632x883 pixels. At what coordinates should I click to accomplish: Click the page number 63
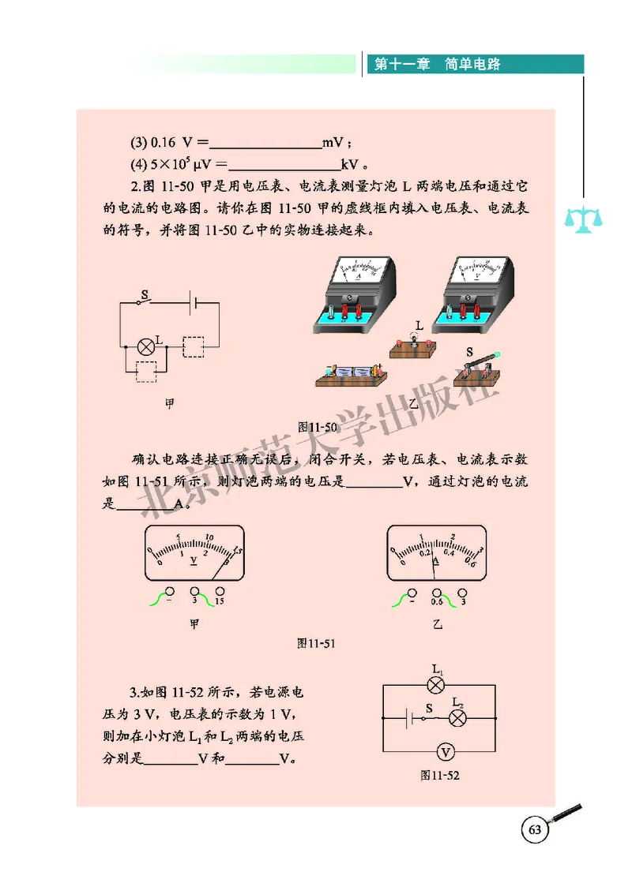click(x=534, y=830)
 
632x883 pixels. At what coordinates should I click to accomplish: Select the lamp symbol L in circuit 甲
click(x=145, y=346)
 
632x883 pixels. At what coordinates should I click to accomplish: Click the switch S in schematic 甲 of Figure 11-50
click(x=145, y=301)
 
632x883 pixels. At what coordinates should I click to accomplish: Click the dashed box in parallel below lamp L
click(x=145, y=372)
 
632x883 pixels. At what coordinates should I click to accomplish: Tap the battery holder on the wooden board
click(x=350, y=371)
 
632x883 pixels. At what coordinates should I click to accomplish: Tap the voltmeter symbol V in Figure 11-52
click(x=446, y=750)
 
